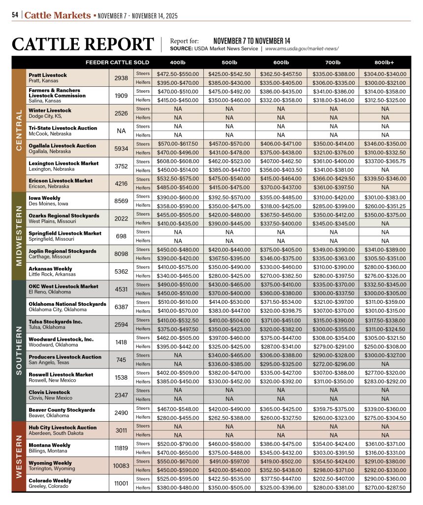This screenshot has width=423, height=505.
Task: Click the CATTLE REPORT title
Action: click(x=83, y=44)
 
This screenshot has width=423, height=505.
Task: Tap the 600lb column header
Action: click(x=281, y=63)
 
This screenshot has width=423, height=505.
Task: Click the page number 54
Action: click(x=15, y=15)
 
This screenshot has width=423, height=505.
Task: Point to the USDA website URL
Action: click(x=302, y=49)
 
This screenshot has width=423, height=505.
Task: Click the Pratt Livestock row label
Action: click(x=48, y=75)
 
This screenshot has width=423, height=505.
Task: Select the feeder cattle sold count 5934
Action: click(x=121, y=148)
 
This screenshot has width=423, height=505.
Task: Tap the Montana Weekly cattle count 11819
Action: click(x=121, y=448)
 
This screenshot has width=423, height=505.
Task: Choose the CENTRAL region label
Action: click(x=19, y=131)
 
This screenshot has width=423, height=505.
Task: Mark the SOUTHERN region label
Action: click(x=19, y=351)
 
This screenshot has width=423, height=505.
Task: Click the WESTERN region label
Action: click(x=19, y=457)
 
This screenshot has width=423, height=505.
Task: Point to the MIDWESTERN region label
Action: click(x=19, y=236)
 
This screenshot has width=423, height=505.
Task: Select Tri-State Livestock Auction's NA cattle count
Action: click(x=121, y=131)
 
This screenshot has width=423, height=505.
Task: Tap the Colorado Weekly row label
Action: click(x=50, y=481)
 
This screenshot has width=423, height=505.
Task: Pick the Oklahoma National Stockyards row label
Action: click(x=67, y=304)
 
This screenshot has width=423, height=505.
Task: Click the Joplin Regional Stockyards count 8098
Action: click(x=121, y=254)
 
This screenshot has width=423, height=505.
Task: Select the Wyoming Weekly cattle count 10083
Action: click(x=121, y=466)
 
